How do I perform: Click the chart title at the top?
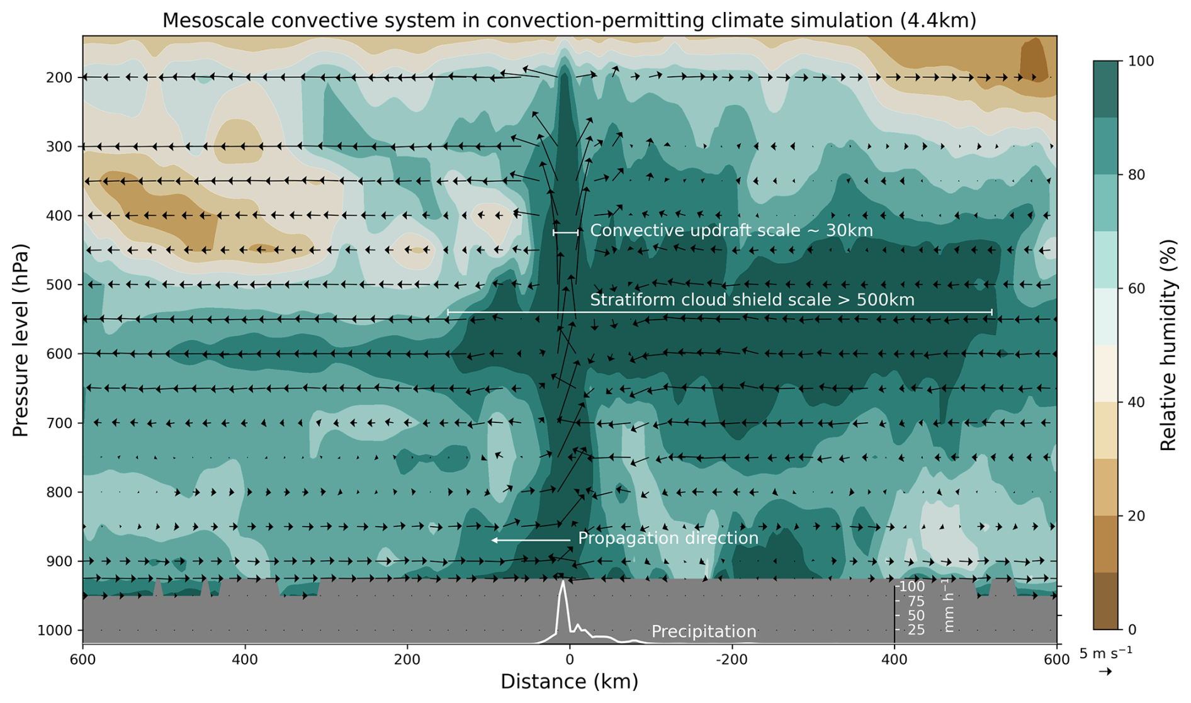(569, 20)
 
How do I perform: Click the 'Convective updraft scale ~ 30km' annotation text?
(731, 231)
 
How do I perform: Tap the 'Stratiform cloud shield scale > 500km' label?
(752, 300)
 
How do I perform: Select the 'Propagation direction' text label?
(668, 539)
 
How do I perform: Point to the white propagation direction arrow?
(530, 540)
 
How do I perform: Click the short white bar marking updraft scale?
(565, 233)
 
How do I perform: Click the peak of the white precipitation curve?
(563, 582)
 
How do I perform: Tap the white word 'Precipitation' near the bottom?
(703, 631)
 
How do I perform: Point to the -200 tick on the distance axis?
(731, 660)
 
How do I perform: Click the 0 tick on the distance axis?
(570, 660)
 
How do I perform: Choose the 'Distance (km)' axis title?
(569, 682)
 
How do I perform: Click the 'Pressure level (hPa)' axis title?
(21, 340)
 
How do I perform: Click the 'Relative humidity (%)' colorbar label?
(1168, 345)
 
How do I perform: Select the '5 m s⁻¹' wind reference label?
(1105, 653)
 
